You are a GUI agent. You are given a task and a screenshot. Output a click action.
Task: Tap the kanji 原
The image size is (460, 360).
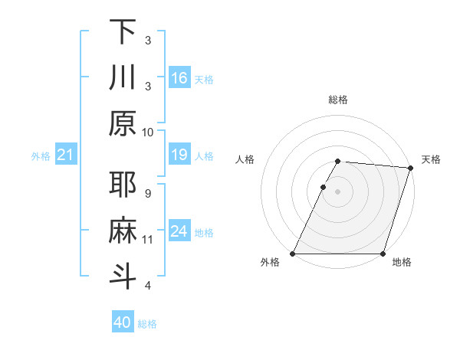(x=123, y=122)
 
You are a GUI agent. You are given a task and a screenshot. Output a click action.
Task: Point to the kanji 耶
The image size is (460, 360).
(x=123, y=185)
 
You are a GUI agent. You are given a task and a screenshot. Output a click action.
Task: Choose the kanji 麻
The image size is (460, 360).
(x=123, y=230)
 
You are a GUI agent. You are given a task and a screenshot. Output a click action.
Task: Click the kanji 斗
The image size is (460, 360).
(x=123, y=275)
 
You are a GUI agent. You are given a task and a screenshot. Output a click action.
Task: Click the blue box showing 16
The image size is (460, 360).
(x=179, y=77)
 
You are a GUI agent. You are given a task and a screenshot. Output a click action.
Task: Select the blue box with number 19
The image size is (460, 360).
(x=179, y=155)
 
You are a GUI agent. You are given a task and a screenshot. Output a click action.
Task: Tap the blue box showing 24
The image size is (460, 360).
(x=179, y=231)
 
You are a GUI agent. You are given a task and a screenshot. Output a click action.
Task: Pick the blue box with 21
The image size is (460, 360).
(x=65, y=155)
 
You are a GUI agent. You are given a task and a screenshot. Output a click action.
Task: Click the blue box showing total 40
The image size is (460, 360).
(x=123, y=322)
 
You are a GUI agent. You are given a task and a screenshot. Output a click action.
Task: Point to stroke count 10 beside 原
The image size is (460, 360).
(x=148, y=132)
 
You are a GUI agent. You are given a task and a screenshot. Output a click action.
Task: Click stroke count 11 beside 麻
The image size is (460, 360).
(x=148, y=240)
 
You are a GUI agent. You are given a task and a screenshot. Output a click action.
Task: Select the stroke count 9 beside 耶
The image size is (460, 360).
(x=148, y=193)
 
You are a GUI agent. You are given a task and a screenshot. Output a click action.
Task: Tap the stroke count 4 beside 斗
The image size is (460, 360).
(x=148, y=285)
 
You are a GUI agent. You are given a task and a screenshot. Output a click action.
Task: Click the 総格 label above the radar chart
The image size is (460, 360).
(x=338, y=100)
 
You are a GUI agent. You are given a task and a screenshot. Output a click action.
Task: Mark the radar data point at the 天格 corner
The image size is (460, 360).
(x=412, y=168)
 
